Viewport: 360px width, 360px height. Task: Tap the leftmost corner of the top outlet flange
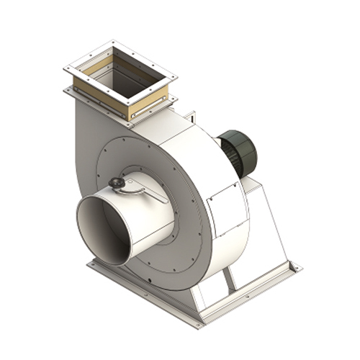(x=64, y=68)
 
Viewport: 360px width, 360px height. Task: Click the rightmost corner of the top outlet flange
(x=176, y=75)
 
